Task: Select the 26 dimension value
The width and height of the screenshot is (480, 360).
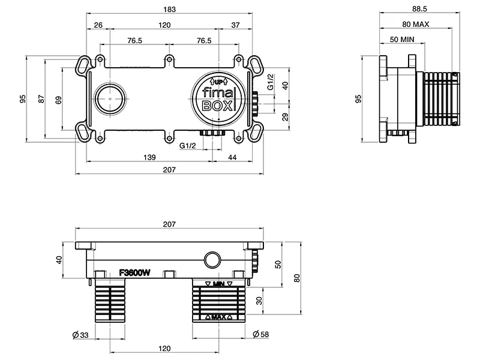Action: tap(98, 25)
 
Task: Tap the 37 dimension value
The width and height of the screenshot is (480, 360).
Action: tap(235, 25)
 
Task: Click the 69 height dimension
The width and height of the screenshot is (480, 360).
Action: tap(58, 100)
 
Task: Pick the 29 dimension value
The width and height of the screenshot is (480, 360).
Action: tap(285, 116)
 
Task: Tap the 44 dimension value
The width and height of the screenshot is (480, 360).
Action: tap(232, 157)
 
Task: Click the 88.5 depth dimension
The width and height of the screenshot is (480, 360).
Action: tap(419, 8)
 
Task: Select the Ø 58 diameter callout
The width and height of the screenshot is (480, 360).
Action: tap(260, 334)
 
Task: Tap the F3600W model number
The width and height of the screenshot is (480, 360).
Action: tap(134, 273)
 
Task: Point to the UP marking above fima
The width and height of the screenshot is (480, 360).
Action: tap(218, 82)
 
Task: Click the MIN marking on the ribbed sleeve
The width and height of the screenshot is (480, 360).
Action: tap(218, 283)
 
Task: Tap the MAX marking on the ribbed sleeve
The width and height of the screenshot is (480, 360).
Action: tap(218, 316)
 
